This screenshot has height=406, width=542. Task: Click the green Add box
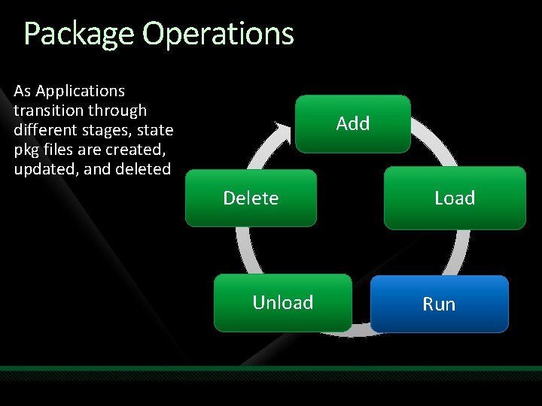coord(352,124)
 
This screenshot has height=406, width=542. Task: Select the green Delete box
coord(251,198)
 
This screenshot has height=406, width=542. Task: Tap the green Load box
coord(455,198)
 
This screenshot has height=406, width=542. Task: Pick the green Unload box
coord(282,302)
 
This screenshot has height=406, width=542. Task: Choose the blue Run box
coord(439,304)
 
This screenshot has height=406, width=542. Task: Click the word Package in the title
coord(79,34)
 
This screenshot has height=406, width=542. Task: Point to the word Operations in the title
coord(218,34)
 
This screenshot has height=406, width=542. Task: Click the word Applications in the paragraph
coord(81,91)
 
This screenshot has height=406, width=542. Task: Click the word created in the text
coord(135,150)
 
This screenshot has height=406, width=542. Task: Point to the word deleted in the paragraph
coord(142,169)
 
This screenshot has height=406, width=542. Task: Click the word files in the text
coord(61,150)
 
